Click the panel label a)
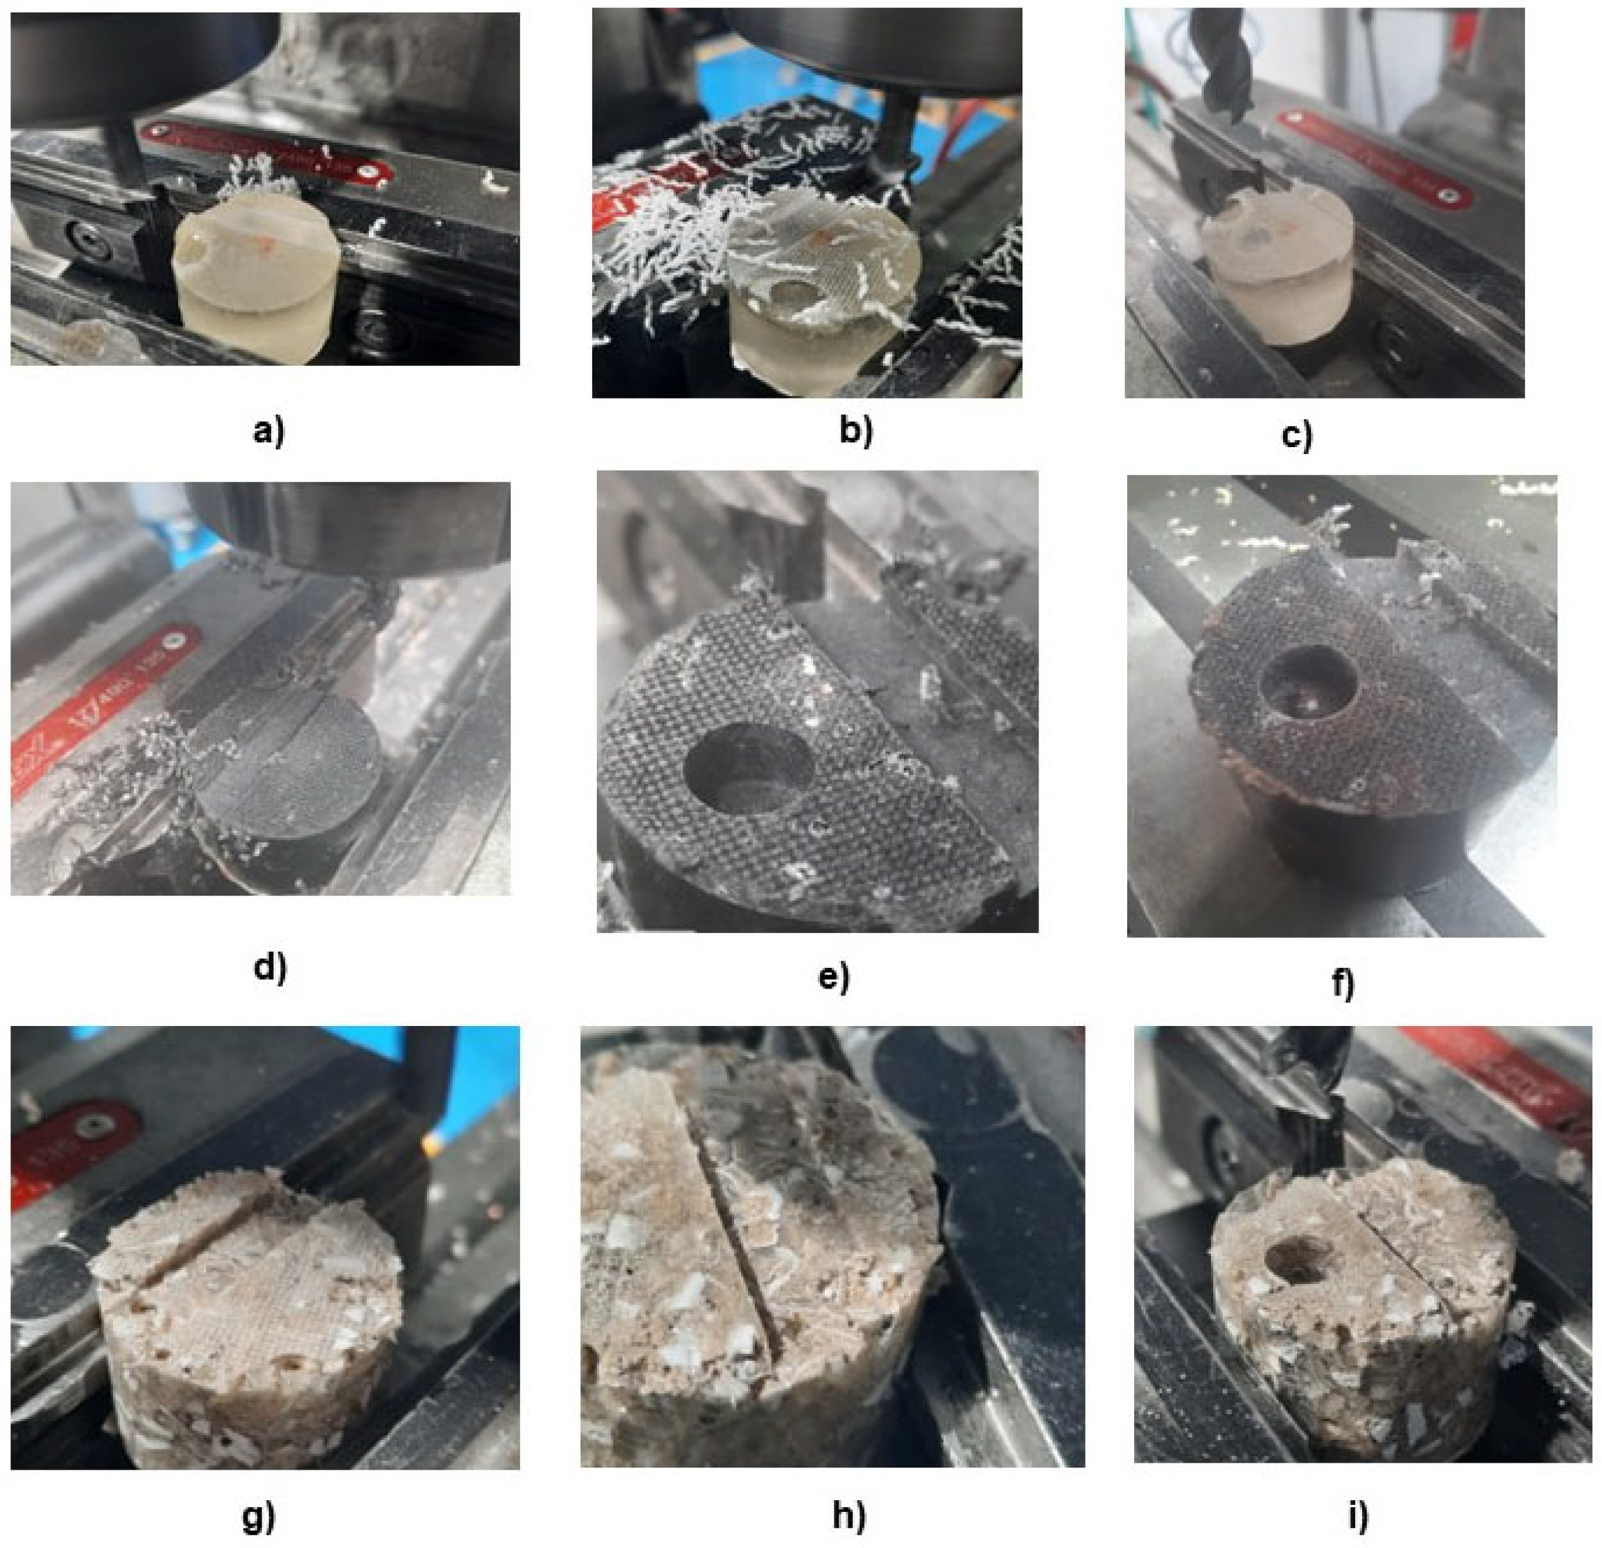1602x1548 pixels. click(x=268, y=431)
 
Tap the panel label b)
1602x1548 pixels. click(x=855, y=431)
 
